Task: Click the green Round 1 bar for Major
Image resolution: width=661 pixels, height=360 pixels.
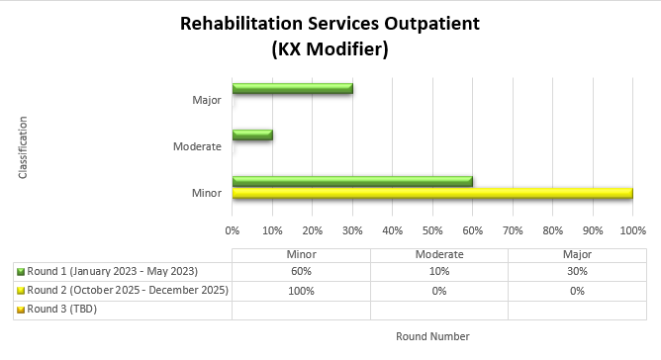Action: point(292,89)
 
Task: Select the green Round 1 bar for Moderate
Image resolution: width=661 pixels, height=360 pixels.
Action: point(252,135)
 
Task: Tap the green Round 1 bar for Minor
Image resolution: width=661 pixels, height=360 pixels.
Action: point(351,181)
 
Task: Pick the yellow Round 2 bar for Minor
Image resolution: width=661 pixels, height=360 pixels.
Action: point(431,193)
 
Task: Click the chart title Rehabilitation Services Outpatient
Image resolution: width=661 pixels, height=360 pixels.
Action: point(330,23)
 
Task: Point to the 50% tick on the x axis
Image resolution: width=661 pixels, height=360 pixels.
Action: point(432,230)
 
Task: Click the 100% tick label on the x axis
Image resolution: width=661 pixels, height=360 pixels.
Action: point(632,230)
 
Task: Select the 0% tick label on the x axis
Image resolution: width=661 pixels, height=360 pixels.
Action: point(233,230)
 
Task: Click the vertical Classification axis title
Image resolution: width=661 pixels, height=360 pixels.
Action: point(23,147)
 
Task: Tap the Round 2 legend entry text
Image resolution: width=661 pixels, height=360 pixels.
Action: point(128,291)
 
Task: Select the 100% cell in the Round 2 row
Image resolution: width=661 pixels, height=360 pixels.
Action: point(301,291)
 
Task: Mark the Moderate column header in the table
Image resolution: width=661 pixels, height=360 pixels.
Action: point(438,254)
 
